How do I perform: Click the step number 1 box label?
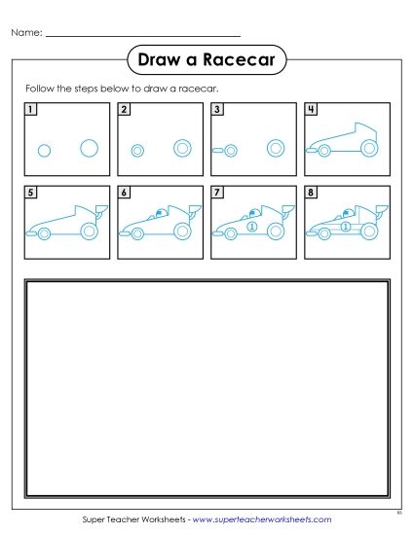tap(31, 109)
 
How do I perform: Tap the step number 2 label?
tap(124, 109)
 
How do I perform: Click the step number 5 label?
tap(31, 193)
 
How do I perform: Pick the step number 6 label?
tap(124, 193)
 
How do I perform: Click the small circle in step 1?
tap(44, 150)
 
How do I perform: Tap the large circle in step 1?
tap(89, 148)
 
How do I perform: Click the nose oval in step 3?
tap(230, 150)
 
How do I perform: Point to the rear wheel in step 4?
tap(368, 148)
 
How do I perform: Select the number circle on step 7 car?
tap(251, 227)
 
